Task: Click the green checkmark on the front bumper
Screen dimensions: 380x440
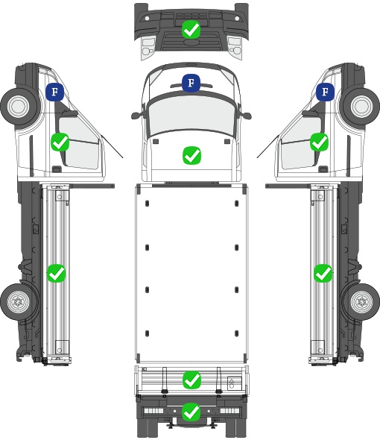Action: coord(191,30)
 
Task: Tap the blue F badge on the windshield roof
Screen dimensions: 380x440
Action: coord(191,83)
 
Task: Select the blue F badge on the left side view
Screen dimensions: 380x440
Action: coord(55,92)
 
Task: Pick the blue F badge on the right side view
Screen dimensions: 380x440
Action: coord(326,92)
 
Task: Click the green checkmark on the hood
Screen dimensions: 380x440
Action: coord(191,155)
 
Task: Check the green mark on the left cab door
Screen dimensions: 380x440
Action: coord(60,142)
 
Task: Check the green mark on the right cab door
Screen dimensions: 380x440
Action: coord(319,142)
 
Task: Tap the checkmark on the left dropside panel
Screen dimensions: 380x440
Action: coord(56,273)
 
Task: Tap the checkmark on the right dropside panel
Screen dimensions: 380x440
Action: coord(323,273)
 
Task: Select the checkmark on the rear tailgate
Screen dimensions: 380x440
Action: coord(191,380)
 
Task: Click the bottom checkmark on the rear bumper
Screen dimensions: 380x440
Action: coord(191,412)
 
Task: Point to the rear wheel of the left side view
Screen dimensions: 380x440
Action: coord(19,302)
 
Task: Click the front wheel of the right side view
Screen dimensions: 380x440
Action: coord(361,107)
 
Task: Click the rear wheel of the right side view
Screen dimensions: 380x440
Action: coord(361,302)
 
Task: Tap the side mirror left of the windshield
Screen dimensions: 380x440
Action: coord(136,116)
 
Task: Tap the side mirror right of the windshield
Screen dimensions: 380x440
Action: coord(246,116)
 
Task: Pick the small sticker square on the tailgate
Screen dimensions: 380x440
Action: coord(235,383)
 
